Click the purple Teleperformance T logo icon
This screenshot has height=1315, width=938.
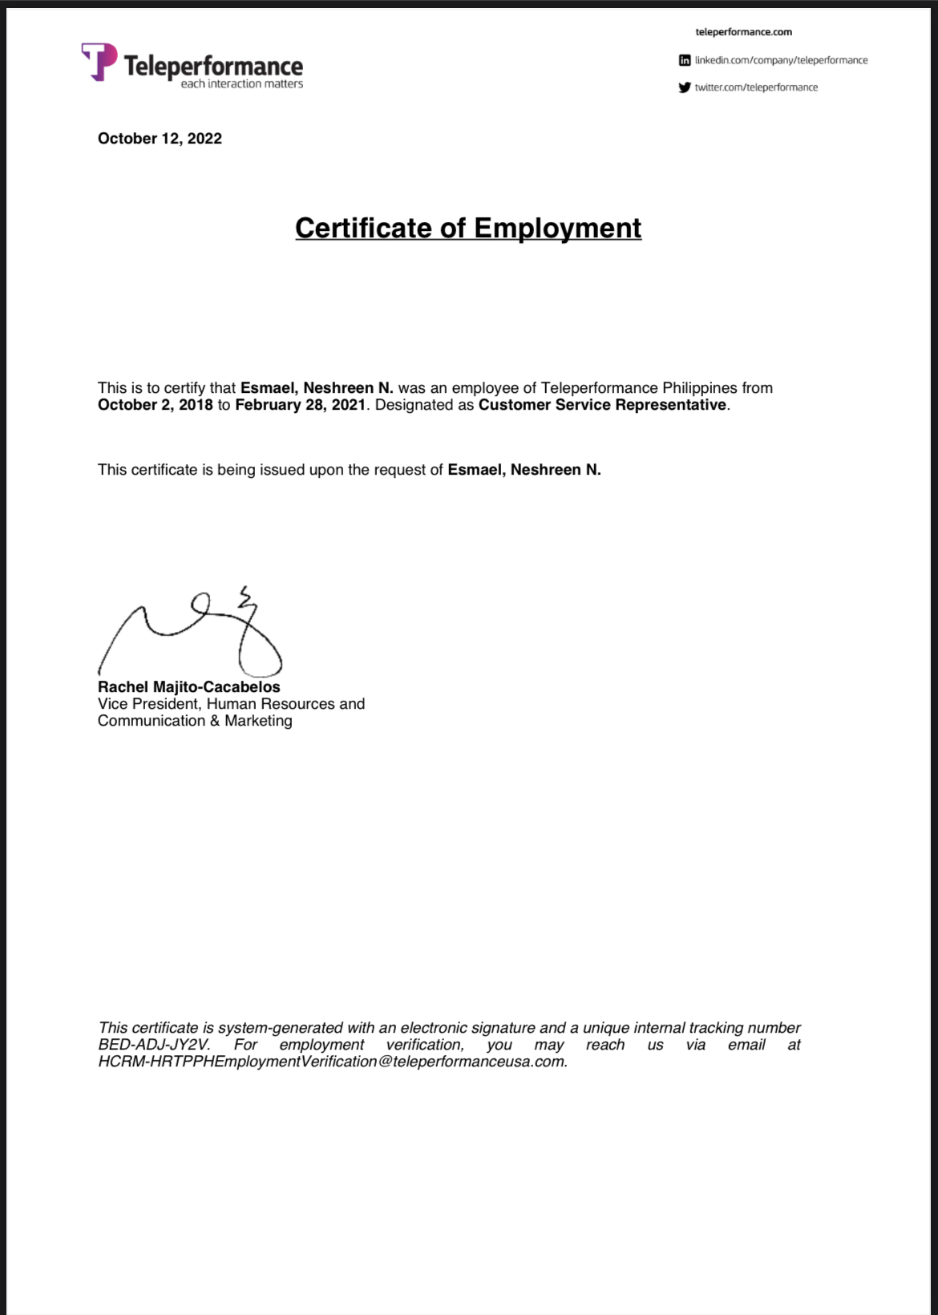pos(99,61)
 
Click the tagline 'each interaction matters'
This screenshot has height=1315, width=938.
pos(241,84)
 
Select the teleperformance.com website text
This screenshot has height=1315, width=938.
pos(743,32)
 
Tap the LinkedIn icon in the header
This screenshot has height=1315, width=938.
pos(685,60)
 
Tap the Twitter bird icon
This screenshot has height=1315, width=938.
pos(684,87)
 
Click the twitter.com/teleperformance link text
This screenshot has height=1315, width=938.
pos(756,87)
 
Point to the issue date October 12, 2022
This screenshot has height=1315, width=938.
pos(160,139)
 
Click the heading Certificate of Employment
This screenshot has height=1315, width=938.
pos(468,228)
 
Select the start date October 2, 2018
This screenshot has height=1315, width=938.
pos(156,405)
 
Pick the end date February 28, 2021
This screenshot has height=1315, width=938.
pos(300,405)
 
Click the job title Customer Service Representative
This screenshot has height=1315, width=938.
pos(602,405)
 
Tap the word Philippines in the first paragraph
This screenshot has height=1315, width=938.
pos(699,388)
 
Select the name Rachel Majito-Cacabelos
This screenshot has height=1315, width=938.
pos(189,687)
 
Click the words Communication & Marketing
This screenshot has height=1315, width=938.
pos(195,721)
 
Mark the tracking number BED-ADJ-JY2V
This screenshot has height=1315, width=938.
pos(153,1045)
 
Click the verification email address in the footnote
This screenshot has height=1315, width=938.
pos(332,1062)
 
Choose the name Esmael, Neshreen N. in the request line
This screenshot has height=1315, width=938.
pos(524,470)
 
